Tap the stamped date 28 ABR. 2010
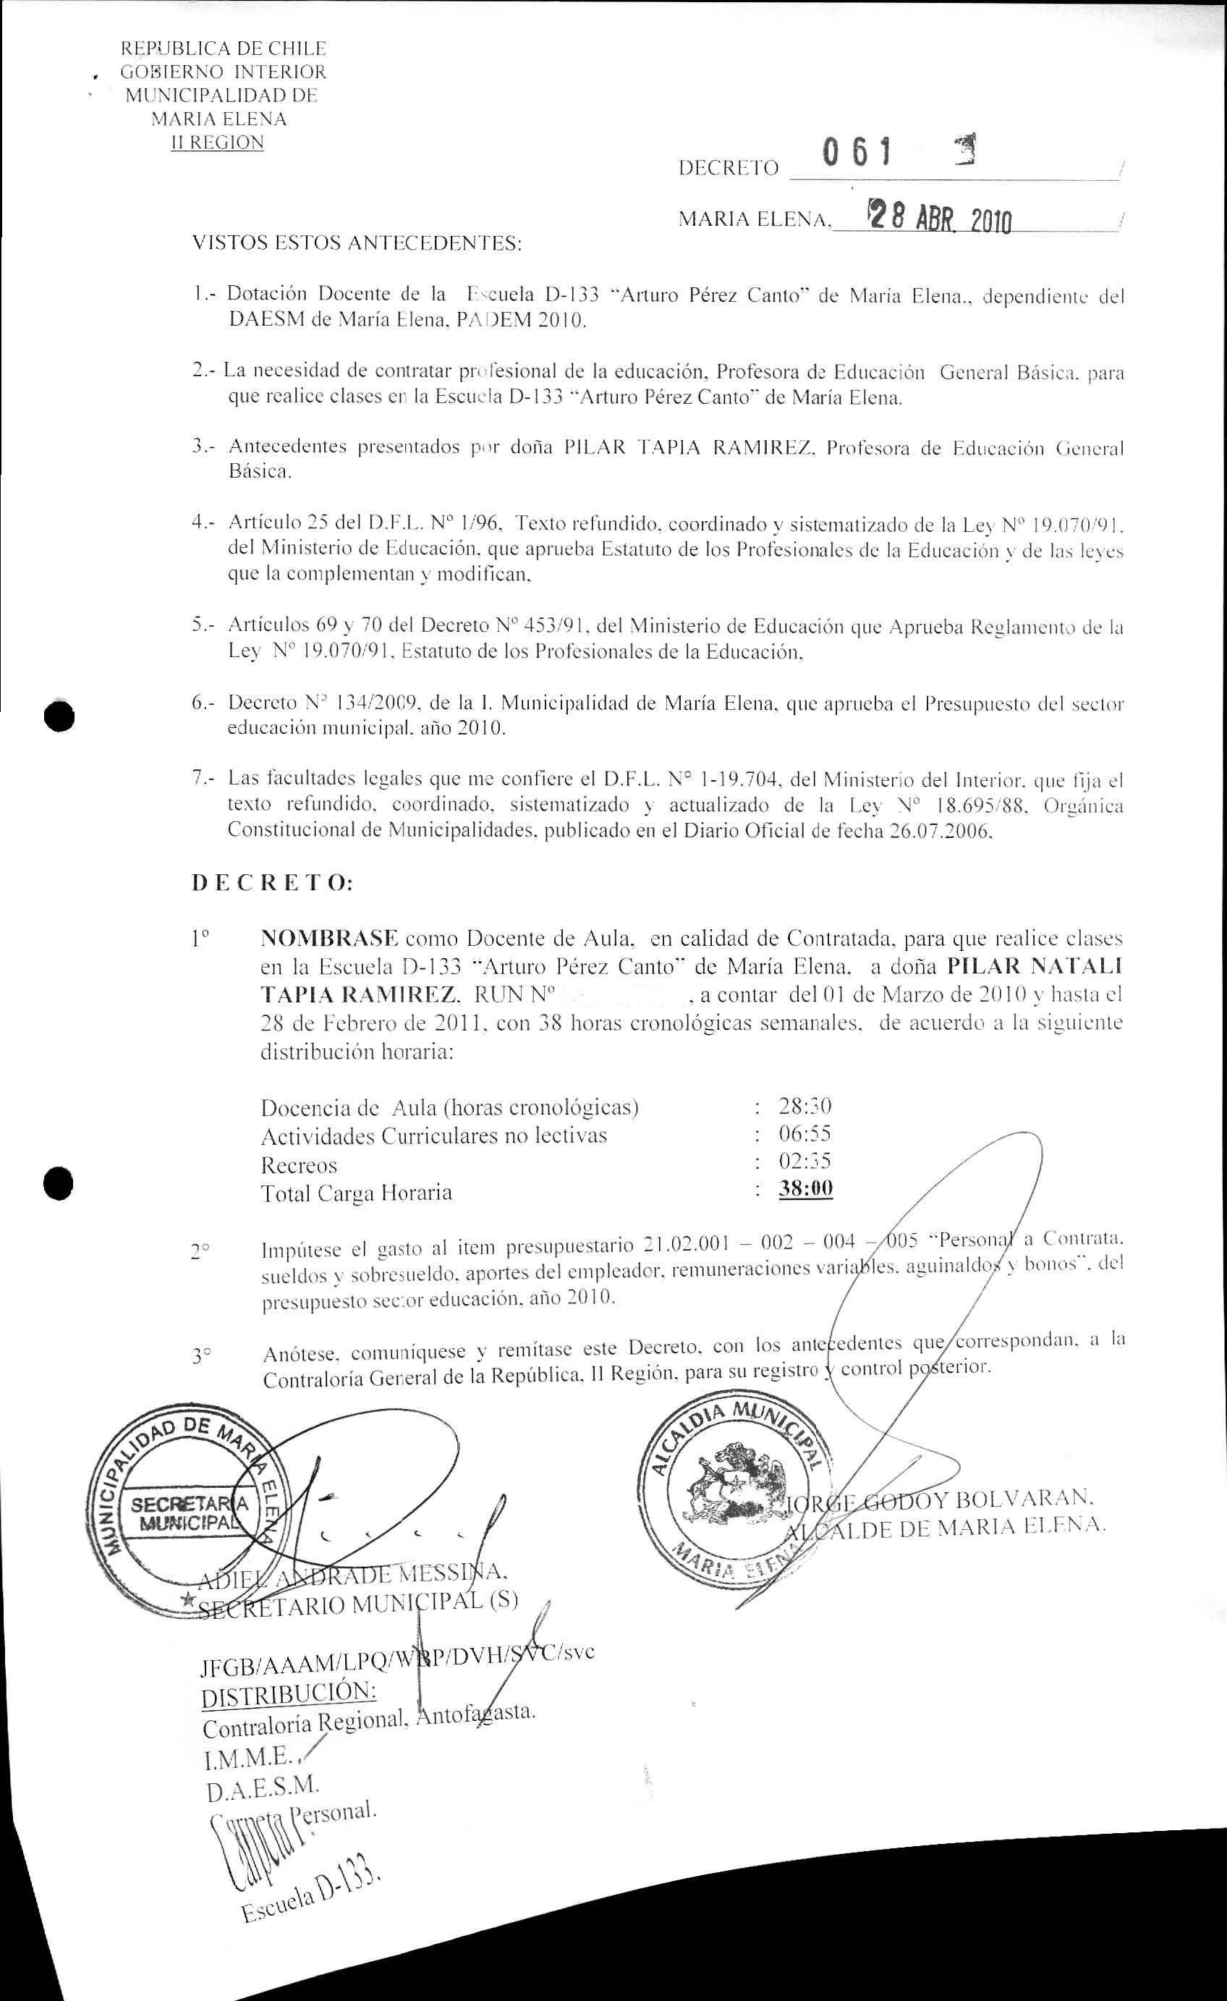click(939, 218)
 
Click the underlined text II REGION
click(216, 143)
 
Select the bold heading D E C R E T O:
click(273, 884)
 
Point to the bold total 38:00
click(805, 1189)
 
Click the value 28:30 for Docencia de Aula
click(804, 1106)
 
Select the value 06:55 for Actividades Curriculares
click(804, 1134)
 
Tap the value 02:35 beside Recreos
click(804, 1162)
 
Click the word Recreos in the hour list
click(298, 1165)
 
